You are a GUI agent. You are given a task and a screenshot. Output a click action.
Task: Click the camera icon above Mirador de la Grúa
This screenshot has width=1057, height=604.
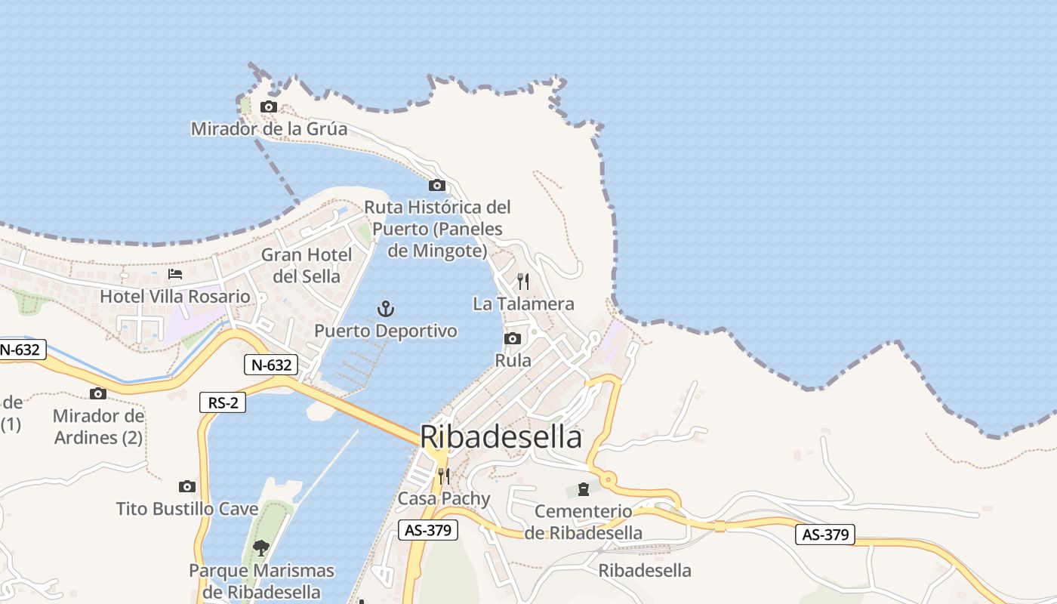(269, 107)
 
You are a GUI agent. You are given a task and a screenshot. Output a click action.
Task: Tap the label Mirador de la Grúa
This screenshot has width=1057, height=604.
(269, 129)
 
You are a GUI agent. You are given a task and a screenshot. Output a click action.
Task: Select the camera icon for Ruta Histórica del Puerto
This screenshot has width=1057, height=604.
(437, 186)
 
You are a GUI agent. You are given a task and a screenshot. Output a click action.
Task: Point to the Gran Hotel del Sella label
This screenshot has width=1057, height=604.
(307, 265)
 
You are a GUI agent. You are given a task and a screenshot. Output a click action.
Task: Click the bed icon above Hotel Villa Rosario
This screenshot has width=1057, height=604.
(175, 274)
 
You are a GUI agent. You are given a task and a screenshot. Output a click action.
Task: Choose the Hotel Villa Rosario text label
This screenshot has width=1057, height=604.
(175, 297)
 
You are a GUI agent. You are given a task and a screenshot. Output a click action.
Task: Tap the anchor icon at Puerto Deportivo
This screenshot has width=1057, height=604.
(386, 309)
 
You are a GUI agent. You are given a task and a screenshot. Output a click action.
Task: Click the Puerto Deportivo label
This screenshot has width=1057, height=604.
(386, 331)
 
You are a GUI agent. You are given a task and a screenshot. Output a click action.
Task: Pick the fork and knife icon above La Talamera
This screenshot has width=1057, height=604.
(523, 282)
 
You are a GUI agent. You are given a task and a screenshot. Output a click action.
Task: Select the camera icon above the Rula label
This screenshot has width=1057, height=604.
(513, 338)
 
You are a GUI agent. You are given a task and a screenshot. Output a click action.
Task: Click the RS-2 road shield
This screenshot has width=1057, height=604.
(223, 402)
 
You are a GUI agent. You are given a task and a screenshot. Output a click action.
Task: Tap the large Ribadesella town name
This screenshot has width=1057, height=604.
(501, 437)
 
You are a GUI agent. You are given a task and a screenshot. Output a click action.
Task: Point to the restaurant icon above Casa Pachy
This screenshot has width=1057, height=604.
(444, 476)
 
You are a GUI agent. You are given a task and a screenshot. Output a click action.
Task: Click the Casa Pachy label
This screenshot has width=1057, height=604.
(444, 498)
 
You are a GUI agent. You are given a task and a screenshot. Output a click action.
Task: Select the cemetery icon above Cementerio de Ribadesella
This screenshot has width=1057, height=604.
(584, 490)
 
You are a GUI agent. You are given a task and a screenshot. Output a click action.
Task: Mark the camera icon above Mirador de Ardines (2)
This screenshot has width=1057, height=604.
(98, 393)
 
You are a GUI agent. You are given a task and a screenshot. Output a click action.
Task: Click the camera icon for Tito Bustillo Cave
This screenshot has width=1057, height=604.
(187, 487)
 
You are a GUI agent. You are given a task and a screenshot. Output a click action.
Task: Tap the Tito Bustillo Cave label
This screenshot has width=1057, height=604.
(187, 509)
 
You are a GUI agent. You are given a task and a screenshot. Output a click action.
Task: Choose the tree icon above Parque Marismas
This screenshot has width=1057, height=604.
(261, 547)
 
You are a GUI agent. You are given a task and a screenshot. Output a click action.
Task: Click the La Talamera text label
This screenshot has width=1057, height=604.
(523, 304)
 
